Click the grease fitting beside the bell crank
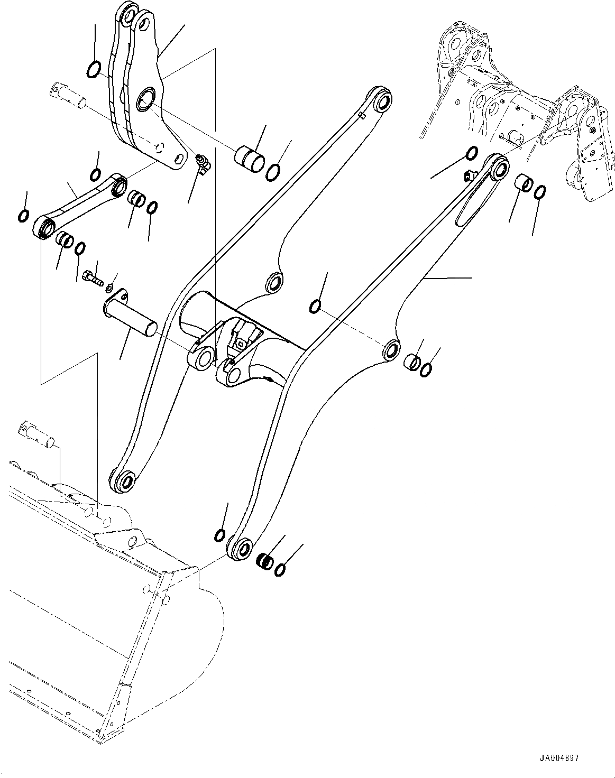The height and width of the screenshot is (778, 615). point(203,163)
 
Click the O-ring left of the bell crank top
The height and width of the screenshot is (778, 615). point(93,69)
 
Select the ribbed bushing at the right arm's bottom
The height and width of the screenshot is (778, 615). point(265,560)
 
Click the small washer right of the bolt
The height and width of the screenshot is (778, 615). point(108,288)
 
